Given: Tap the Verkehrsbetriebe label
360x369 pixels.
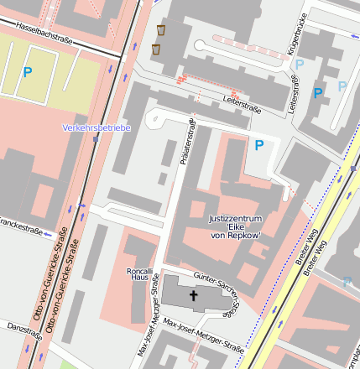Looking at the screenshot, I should coord(96,127).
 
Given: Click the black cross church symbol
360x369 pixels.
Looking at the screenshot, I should coord(194,295).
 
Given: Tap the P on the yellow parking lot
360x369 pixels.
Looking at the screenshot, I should coord(27,72).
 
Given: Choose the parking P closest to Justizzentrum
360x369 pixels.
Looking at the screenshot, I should coord(258,145).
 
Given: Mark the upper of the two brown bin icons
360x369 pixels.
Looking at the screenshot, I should coord(160,30).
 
